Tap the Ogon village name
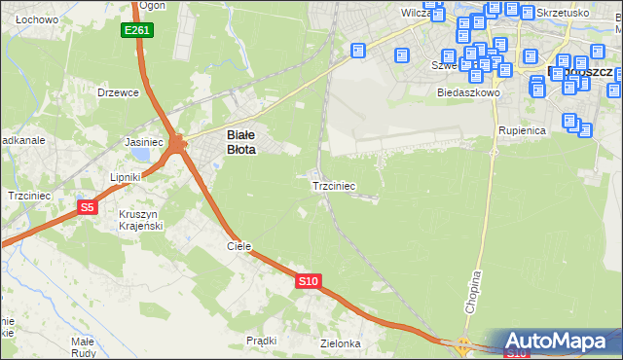click(x=151, y=6)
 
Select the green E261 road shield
click(x=136, y=31)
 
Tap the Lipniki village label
click(x=126, y=177)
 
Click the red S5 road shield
click(x=88, y=206)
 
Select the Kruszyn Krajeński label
click(x=138, y=219)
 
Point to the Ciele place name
click(x=239, y=246)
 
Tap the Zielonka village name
click(x=340, y=343)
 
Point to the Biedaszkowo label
click(x=468, y=93)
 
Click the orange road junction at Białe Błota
click(x=176, y=144)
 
